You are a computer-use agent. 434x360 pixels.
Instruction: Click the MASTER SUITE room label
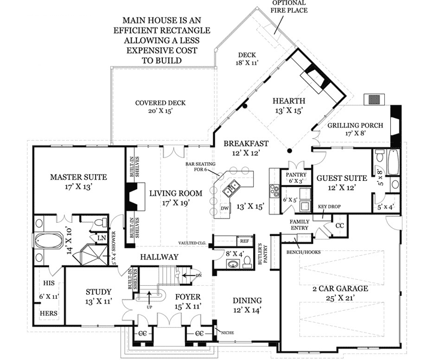[78, 177]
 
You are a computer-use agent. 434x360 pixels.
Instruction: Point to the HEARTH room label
[289, 101]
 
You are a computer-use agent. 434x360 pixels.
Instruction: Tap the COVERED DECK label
[160, 103]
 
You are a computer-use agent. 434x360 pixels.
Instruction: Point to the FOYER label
[187, 297]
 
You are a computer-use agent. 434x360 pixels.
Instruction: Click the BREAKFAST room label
[245, 144]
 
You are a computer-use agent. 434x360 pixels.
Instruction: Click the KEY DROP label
[329, 207]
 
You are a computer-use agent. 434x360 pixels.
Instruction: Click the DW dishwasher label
[224, 207]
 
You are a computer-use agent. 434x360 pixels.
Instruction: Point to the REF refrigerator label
[244, 241]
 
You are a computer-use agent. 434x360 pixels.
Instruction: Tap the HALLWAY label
[159, 257]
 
